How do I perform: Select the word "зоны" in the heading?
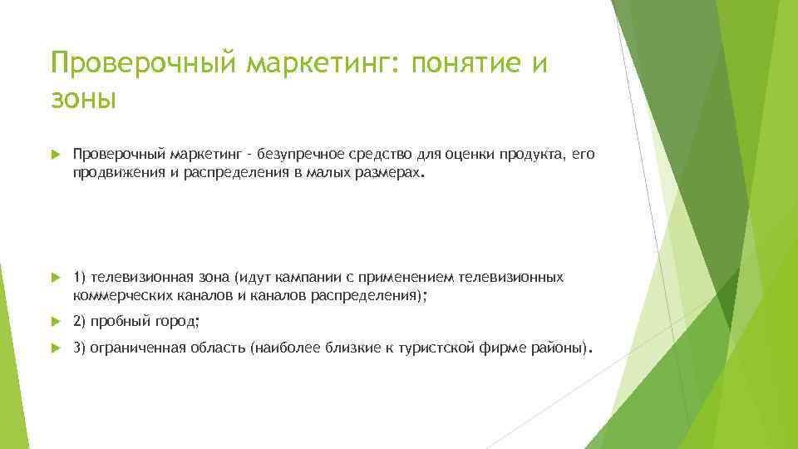pyautogui.click(x=83, y=100)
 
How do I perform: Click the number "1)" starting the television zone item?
pyautogui.click(x=80, y=276)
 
